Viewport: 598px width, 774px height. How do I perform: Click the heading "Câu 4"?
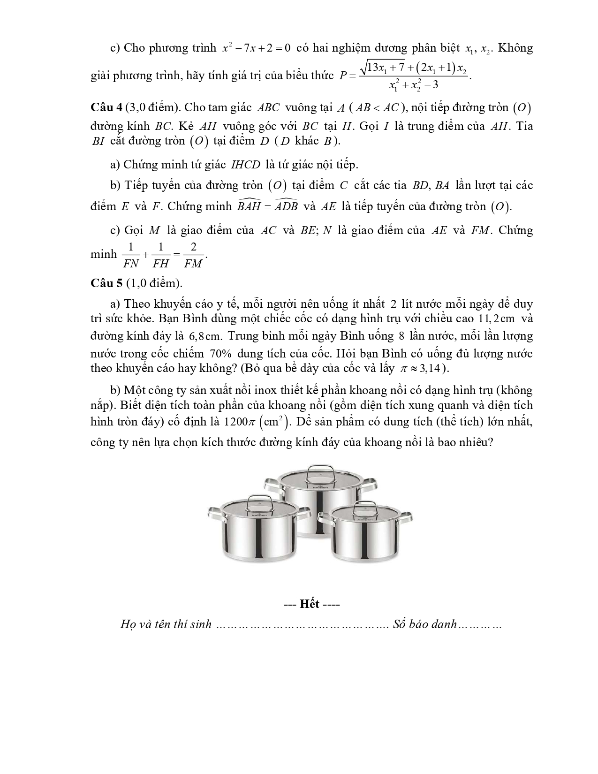(x=106, y=107)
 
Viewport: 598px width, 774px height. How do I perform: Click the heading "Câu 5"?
(x=106, y=283)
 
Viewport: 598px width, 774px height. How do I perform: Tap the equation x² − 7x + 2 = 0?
(x=257, y=48)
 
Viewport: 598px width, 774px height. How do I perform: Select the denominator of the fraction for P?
(x=414, y=86)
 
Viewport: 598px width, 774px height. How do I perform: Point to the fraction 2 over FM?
(x=193, y=255)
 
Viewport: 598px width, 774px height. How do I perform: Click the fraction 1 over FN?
(x=131, y=255)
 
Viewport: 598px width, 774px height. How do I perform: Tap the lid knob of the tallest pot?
(x=317, y=471)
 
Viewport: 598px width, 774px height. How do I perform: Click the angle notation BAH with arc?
(x=249, y=205)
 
